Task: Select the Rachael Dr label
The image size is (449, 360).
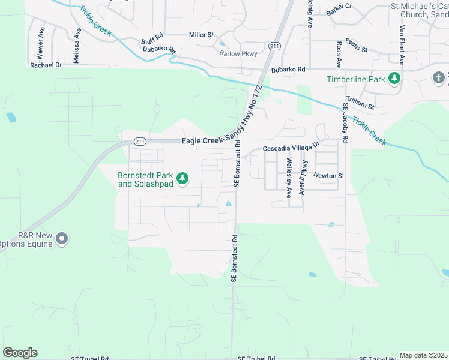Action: point(46,65)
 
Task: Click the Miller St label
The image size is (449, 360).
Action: point(201,35)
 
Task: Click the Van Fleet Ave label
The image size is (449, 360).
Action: point(402,45)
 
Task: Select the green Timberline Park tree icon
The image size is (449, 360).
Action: point(394,79)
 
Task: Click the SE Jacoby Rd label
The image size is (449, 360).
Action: point(345,122)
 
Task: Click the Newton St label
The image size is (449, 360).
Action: point(328,176)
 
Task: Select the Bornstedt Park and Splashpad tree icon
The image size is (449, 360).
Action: point(182,179)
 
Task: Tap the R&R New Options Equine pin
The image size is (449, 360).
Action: point(61,239)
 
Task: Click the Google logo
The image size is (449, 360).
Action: point(20,353)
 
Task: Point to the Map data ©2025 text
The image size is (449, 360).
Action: point(423,355)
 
